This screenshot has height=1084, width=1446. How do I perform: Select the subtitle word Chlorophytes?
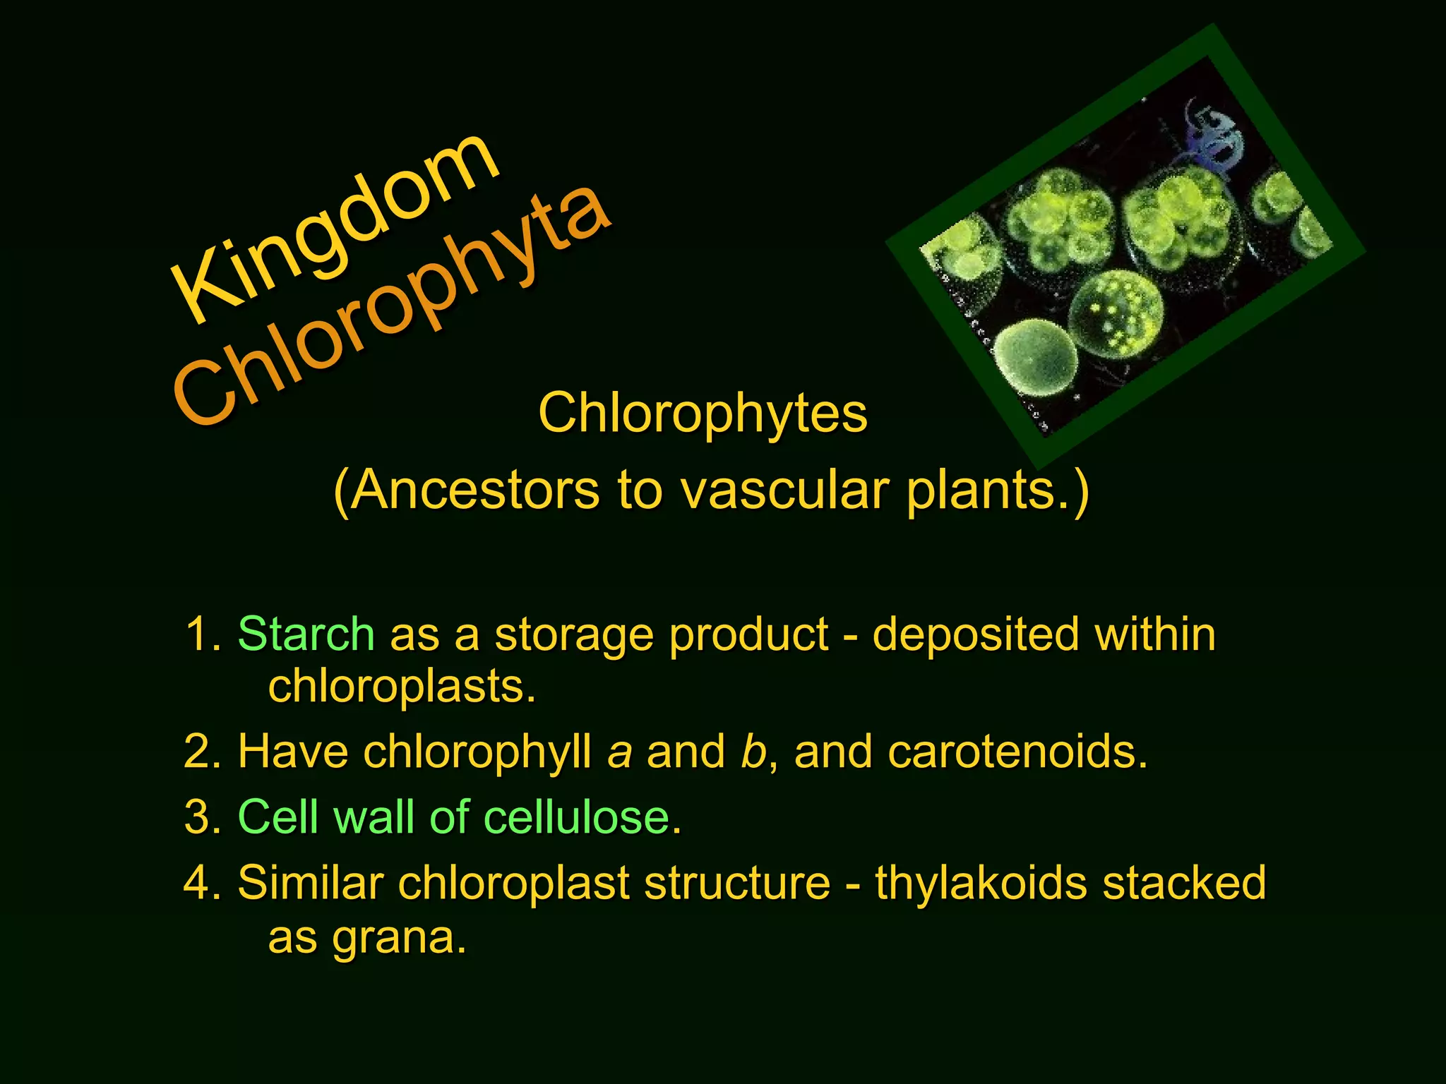tap(703, 414)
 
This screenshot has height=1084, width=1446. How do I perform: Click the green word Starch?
tap(306, 634)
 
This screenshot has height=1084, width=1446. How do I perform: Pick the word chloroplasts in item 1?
tap(401, 686)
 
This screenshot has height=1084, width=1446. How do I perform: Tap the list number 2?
tap(201, 751)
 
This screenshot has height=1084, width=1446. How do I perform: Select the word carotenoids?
tap(1017, 751)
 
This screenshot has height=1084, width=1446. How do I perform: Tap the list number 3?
tap(201, 817)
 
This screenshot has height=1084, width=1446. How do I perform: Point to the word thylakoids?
tap(981, 883)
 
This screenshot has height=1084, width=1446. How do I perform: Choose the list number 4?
tap(201, 883)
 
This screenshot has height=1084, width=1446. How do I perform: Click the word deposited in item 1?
tap(975, 634)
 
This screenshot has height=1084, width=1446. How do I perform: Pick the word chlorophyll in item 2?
tap(477, 751)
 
